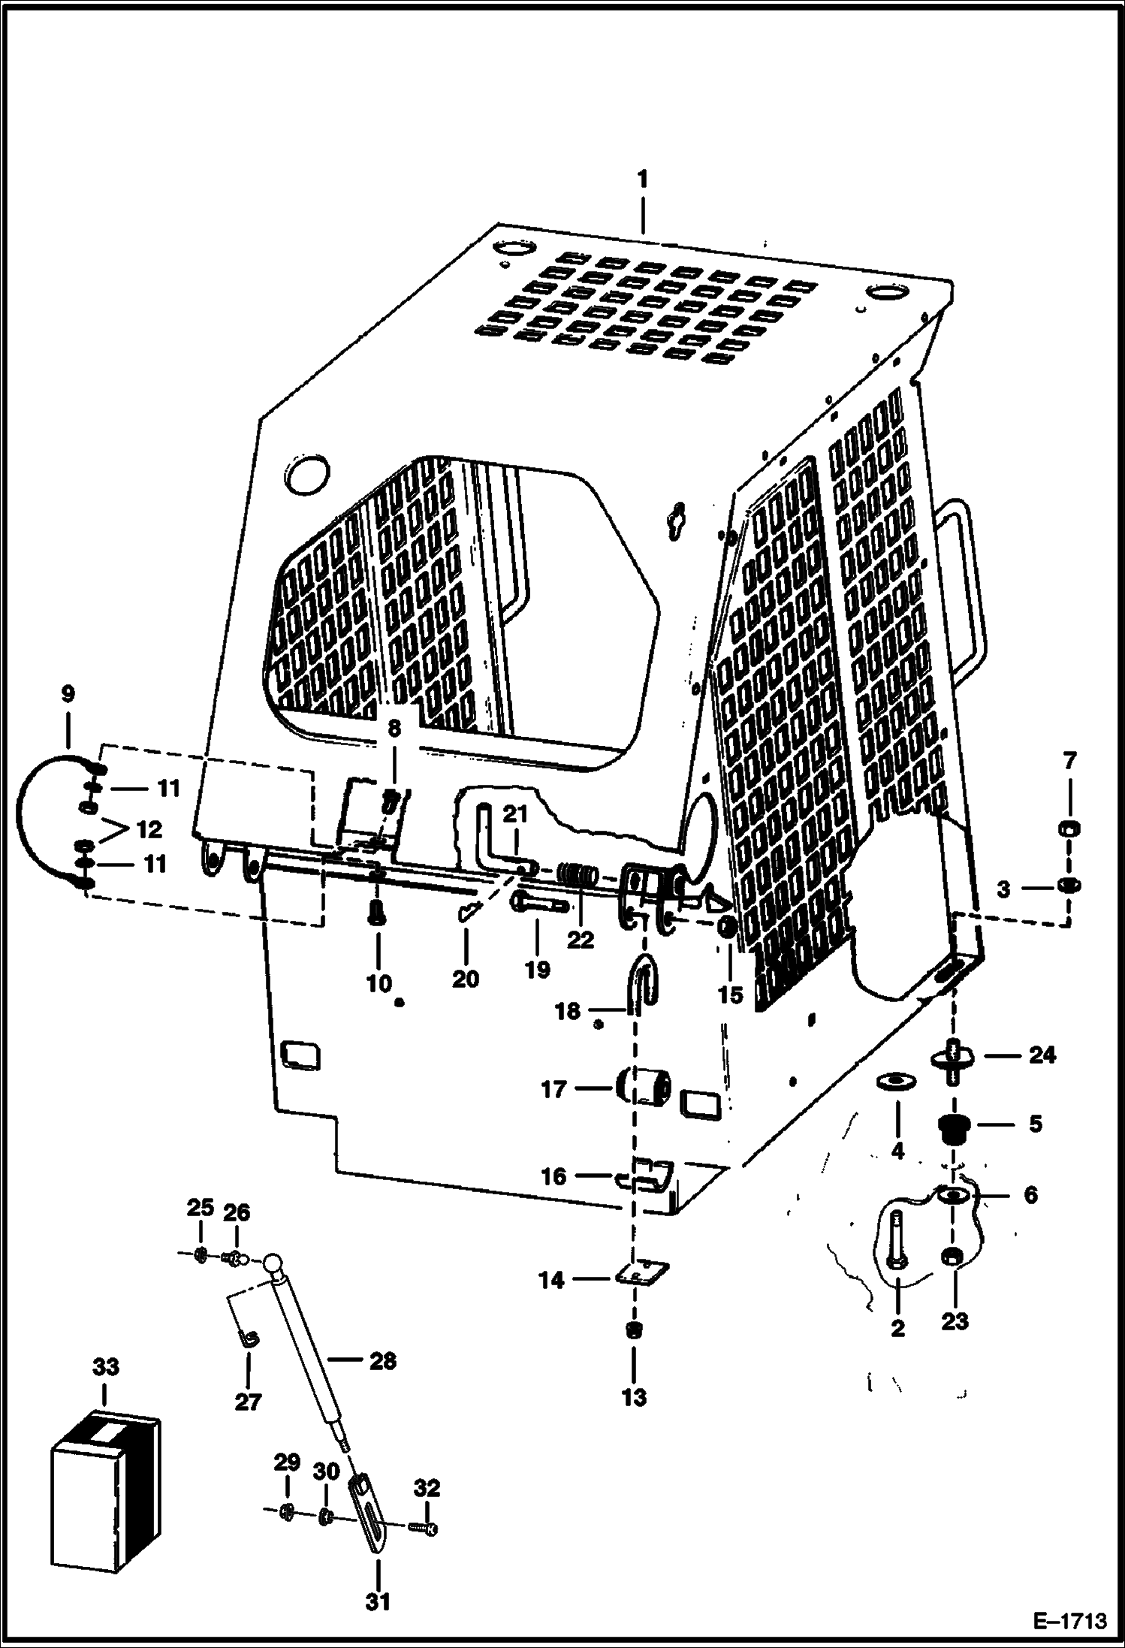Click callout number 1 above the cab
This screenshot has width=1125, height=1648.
[x=642, y=180]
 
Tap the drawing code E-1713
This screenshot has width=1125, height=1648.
[x=1069, y=1619]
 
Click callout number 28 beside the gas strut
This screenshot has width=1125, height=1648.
[x=382, y=1360]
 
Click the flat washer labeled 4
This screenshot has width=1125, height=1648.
[x=897, y=1080]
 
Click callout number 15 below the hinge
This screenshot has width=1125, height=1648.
[x=729, y=995]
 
